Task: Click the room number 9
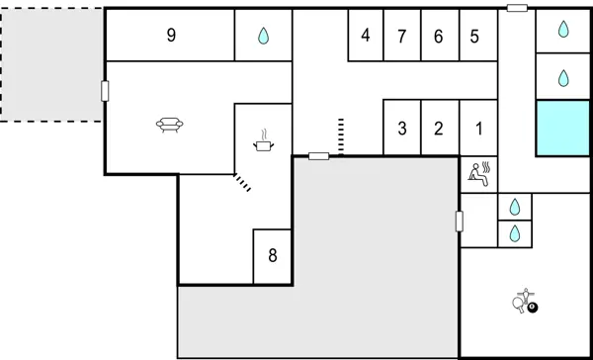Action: click(171, 36)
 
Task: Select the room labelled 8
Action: click(273, 255)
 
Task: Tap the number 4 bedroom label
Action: click(366, 36)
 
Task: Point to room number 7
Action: click(401, 36)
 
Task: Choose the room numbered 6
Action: click(438, 36)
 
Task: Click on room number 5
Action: click(474, 36)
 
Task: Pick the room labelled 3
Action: click(401, 128)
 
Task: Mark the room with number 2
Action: click(438, 128)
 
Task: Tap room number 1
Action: click(478, 128)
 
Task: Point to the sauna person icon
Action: click(479, 174)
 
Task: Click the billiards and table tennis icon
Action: click(526, 301)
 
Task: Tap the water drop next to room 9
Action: click(263, 36)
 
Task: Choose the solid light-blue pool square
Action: click(562, 128)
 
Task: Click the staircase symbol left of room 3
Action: click(341, 135)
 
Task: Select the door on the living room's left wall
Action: click(105, 91)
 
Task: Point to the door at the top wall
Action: click(517, 8)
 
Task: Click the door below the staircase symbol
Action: click(318, 156)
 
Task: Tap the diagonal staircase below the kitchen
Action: click(242, 181)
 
